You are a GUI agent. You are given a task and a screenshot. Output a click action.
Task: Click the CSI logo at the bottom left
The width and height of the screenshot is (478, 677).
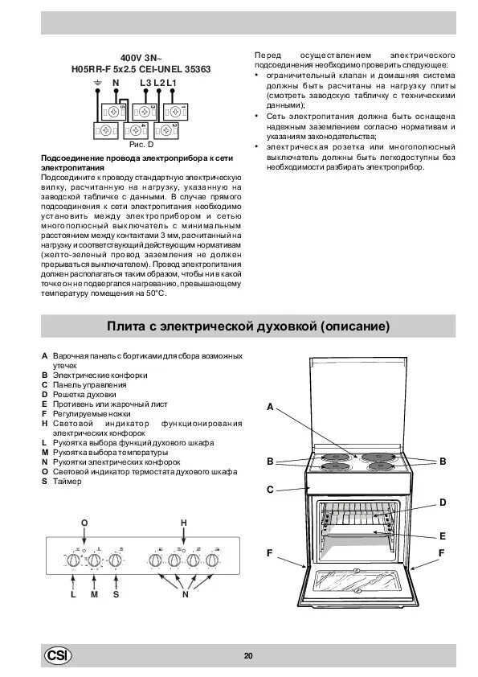[x=58, y=655]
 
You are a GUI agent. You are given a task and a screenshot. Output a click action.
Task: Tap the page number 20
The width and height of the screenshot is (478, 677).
[x=248, y=656]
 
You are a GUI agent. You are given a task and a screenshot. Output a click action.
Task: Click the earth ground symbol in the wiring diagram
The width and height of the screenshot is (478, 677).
[x=96, y=83]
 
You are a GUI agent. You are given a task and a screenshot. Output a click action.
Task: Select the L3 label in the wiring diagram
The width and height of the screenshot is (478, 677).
[x=145, y=83]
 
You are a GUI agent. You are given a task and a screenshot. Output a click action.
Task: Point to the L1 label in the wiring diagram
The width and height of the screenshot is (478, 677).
[x=171, y=83]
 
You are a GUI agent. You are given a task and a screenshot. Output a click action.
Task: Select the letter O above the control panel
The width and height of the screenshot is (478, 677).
[x=84, y=523]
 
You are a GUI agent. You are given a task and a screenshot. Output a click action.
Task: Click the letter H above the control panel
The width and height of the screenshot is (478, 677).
[x=183, y=523]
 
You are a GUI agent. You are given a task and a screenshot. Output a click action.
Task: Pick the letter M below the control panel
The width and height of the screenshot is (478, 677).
[x=94, y=595]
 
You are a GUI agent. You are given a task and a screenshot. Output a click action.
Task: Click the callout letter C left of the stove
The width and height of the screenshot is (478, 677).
[x=272, y=488]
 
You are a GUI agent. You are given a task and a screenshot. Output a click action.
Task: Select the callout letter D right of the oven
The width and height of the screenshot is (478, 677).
[x=442, y=502]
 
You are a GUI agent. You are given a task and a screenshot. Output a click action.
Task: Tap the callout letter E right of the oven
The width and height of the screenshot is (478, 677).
[x=442, y=535]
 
